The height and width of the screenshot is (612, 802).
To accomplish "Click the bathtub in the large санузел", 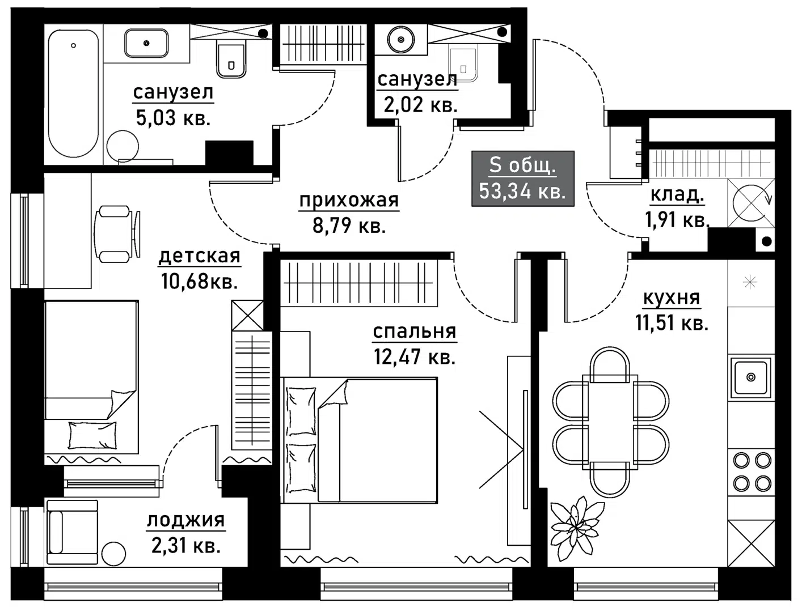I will pos(73,93).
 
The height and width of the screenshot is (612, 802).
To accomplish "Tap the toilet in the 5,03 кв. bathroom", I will pos(231,59).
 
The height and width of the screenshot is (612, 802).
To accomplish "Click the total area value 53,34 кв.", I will pos(522,191).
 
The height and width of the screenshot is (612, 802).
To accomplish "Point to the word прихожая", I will pos(349,200).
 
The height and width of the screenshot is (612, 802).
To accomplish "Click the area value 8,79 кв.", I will pos(349,226).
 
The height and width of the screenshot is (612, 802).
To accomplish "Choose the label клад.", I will pos(677,194).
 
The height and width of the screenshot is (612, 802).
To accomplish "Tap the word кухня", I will pos(672,297).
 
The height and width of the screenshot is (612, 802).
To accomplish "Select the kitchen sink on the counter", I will pos(750,377).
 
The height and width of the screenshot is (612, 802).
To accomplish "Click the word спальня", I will pos(415,331).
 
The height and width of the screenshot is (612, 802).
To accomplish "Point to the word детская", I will pos(199,256).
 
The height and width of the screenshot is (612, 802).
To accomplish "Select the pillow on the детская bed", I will pos(92,435).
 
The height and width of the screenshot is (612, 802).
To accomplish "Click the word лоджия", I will pos(186,520).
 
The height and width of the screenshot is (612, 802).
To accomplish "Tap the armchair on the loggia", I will pos(72,532).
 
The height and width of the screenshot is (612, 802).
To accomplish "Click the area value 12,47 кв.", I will pos(415,356).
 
